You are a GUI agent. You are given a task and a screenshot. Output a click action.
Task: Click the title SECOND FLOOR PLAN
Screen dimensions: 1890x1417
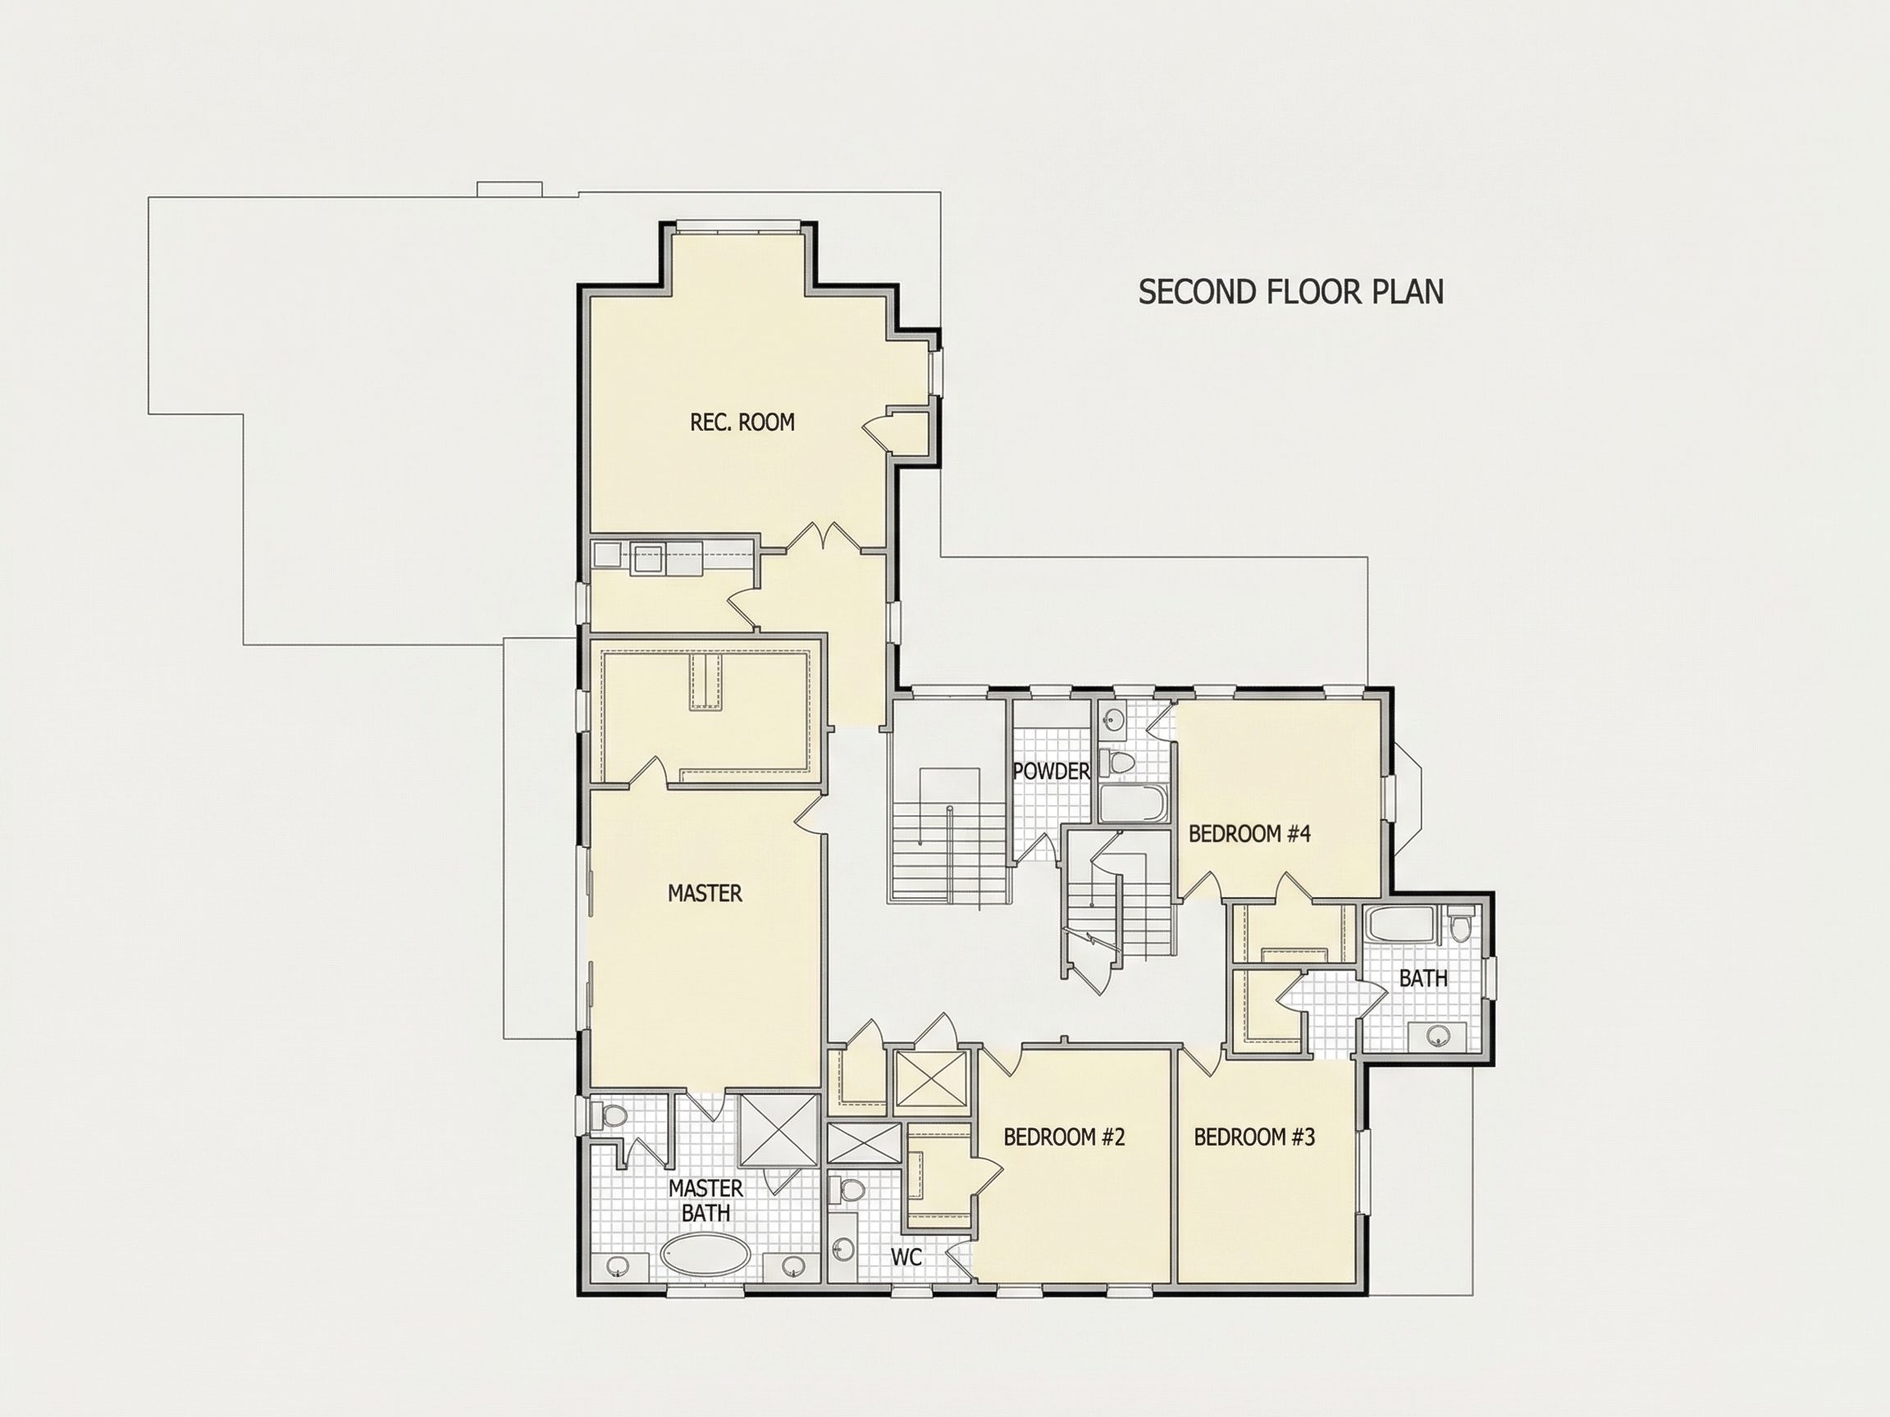[x=1291, y=292]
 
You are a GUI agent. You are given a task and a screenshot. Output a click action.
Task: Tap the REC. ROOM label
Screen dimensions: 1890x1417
[x=742, y=422]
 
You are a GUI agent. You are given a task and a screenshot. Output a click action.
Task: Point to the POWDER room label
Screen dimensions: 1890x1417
[x=1051, y=772]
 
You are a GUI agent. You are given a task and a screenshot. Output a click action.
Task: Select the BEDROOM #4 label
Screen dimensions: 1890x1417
[x=1249, y=834]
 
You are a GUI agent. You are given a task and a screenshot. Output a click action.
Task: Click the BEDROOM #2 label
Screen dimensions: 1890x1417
[x=1064, y=1137]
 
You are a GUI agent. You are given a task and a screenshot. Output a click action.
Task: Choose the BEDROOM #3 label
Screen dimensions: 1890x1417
[x=1254, y=1137]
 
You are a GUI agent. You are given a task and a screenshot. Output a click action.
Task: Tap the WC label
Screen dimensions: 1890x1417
[x=906, y=1257]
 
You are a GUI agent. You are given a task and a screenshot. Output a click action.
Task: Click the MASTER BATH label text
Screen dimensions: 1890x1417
[x=705, y=1200]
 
